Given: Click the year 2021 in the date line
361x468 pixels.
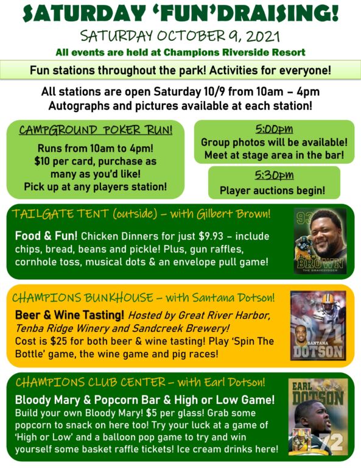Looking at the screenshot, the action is pos(263,37).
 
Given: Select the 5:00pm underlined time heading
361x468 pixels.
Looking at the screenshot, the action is pos(274,129).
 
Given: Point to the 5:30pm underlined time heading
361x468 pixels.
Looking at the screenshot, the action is pos(274,175).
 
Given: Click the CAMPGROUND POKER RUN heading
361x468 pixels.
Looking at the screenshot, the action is pos(96,130).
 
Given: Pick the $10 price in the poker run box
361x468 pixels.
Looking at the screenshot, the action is pos(42,161).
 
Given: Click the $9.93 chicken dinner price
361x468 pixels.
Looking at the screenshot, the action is pos(211,236).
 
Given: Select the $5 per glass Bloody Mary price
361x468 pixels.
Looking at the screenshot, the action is pos(151,413).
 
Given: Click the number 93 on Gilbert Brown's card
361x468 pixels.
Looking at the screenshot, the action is pos(302,218).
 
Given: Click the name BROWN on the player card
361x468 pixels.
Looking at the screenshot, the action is pos(320,263).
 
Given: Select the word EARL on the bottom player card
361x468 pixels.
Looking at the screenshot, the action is pos(302,386).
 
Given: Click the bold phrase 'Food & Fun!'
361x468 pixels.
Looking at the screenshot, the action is pos(46,236).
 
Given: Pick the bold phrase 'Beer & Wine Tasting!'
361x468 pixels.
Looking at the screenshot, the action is pos(69,315).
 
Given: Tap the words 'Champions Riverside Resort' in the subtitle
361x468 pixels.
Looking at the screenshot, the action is pos(234,52).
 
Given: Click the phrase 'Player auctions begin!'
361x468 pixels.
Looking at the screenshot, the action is pos(273,190).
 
